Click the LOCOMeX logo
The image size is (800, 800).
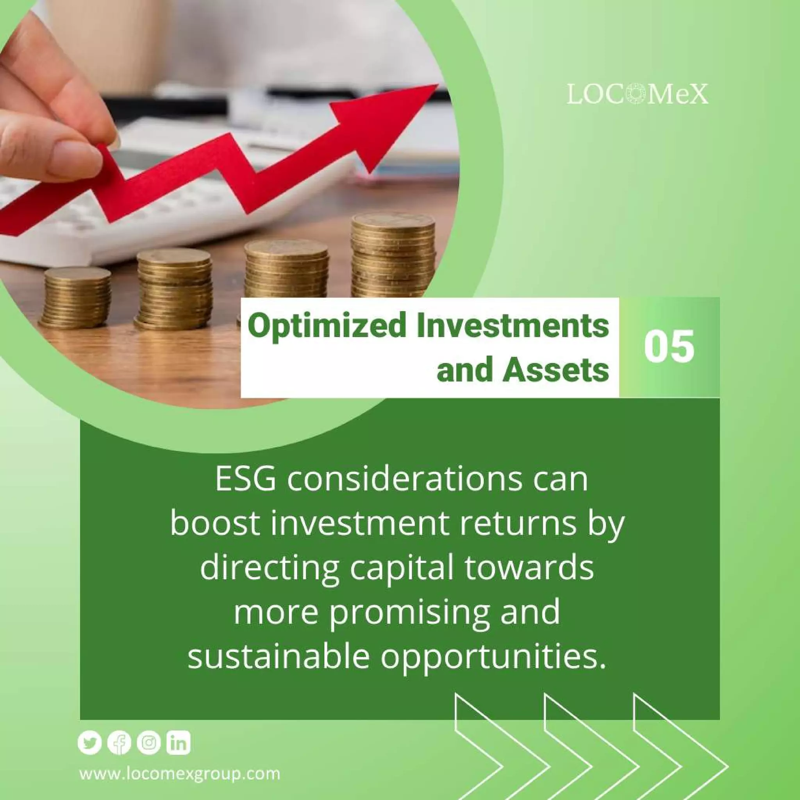click(637, 95)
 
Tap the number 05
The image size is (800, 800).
click(668, 346)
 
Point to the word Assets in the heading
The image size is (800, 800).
click(556, 371)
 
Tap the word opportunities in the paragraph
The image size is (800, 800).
click(494, 657)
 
